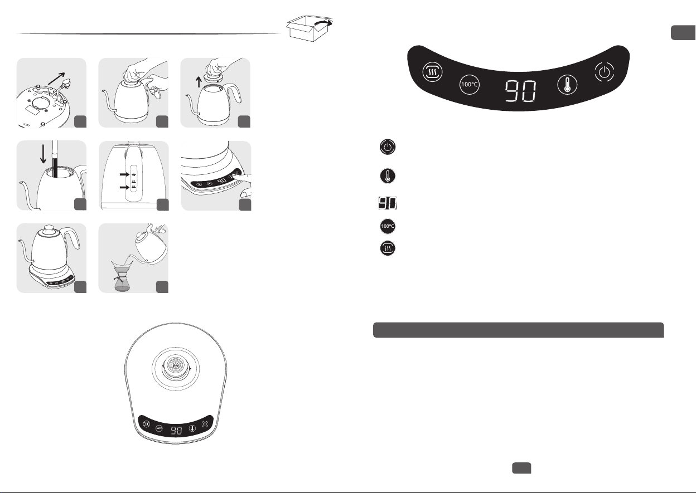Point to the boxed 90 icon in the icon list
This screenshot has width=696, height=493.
pos(389,203)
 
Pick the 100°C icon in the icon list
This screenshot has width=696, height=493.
pos(389,227)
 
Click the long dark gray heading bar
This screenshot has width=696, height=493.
pos(518,330)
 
